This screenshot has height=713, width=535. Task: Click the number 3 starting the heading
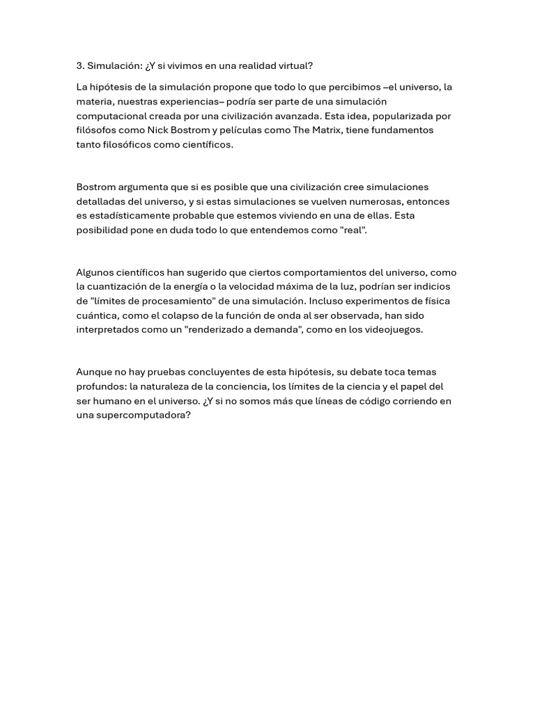tap(79, 65)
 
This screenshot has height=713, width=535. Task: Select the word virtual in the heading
tap(297, 65)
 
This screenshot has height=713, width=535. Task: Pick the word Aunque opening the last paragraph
tap(94, 372)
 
